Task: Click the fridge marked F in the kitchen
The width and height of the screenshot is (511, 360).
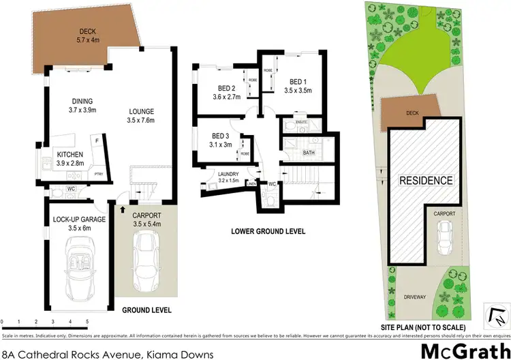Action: [97, 139]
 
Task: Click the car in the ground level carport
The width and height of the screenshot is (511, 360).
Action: [145, 256]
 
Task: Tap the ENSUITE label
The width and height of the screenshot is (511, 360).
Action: [303, 123]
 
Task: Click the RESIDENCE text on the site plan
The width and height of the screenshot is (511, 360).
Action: [425, 181]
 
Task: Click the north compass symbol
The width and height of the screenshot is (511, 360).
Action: [497, 316]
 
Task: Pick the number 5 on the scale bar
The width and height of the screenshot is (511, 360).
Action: [87, 320]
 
